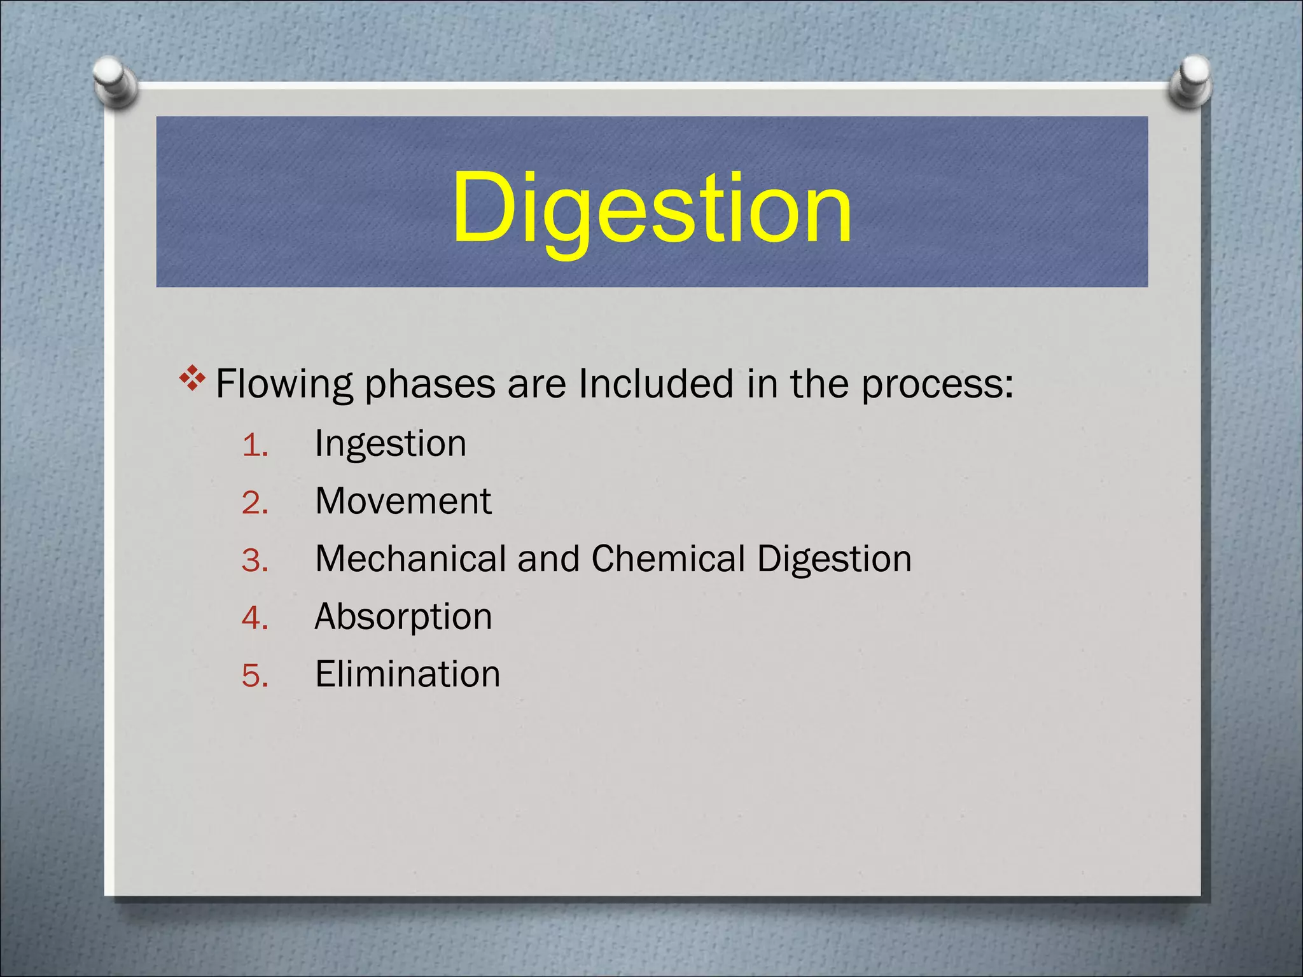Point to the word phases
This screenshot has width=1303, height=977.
pyautogui.click(x=429, y=385)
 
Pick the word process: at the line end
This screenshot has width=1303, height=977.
pyautogui.click(x=937, y=385)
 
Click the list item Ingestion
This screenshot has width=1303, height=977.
pyautogui.click(x=391, y=444)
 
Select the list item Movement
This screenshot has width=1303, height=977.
pyautogui.click(x=403, y=501)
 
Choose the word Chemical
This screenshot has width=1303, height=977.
pyautogui.click(x=668, y=558)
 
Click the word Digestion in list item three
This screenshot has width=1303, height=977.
pyautogui.click(x=834, y=560)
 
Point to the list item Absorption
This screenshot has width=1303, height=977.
pyautogui.click(x=403, y=617)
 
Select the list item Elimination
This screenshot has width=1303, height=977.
pyautogui.click(x=407, y=674)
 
